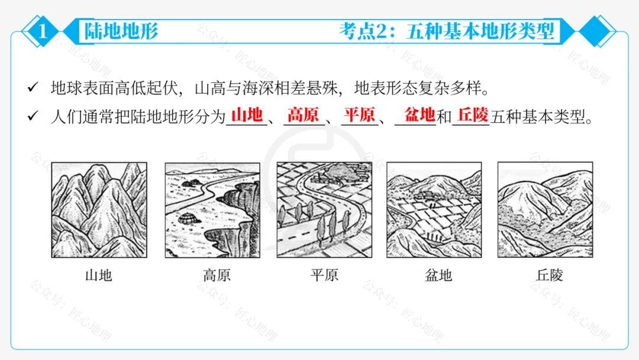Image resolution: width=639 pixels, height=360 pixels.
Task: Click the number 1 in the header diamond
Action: (41, 31)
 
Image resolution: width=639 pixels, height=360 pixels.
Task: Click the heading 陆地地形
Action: (121, 31)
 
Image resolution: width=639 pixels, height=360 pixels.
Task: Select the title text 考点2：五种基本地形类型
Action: (447, 31)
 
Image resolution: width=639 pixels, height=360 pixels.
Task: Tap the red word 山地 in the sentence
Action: (247, 114)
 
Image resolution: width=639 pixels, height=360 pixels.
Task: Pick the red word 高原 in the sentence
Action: (303, 114)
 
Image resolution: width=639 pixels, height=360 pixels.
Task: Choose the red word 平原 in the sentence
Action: (359, 114)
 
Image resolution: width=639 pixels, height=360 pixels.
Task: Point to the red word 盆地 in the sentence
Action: (419, 114)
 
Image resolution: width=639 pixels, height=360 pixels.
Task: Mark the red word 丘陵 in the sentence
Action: (473, 114)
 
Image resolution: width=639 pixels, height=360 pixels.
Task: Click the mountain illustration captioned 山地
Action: (99, 210)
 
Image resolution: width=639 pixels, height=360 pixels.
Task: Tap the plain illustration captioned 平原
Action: (324, 210)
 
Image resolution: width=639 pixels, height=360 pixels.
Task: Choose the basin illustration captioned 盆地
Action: (434, 210)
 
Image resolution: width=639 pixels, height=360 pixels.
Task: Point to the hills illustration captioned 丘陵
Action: (545, 210)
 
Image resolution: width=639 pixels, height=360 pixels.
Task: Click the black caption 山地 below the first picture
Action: (99, 275)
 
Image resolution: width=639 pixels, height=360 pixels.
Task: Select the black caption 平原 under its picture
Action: (324, 275)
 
